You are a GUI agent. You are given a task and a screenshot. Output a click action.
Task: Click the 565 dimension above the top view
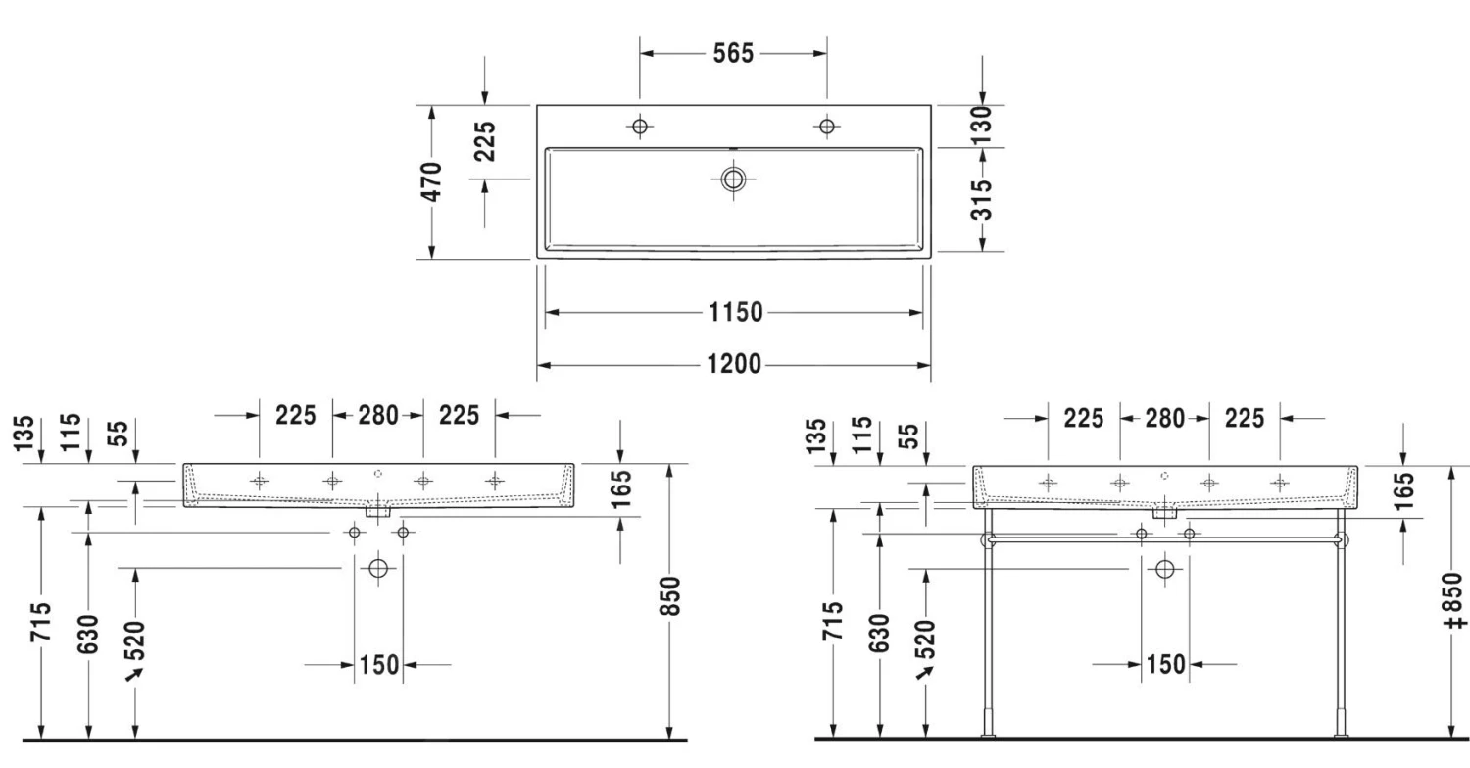click(x=733, y=53)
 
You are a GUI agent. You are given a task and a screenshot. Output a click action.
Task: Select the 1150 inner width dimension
click(x=735, y=312)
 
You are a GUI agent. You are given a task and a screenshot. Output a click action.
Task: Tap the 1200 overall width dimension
click(x=734, y=364)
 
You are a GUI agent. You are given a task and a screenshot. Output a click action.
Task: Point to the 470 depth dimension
click(x=431, y=181)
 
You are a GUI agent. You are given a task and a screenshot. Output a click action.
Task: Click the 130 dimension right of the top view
click(x=981, y=125)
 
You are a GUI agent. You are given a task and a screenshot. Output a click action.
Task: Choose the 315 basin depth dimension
click(x=981, y=200)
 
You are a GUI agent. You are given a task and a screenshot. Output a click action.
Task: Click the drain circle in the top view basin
click(x=733, y=179)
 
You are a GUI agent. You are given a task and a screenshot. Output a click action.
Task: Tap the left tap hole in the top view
click(x=640, y=126)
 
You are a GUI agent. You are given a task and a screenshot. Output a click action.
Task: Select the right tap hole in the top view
click(x=827, y=126)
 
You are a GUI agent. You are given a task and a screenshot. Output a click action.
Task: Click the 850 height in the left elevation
click(x=670, y=596)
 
